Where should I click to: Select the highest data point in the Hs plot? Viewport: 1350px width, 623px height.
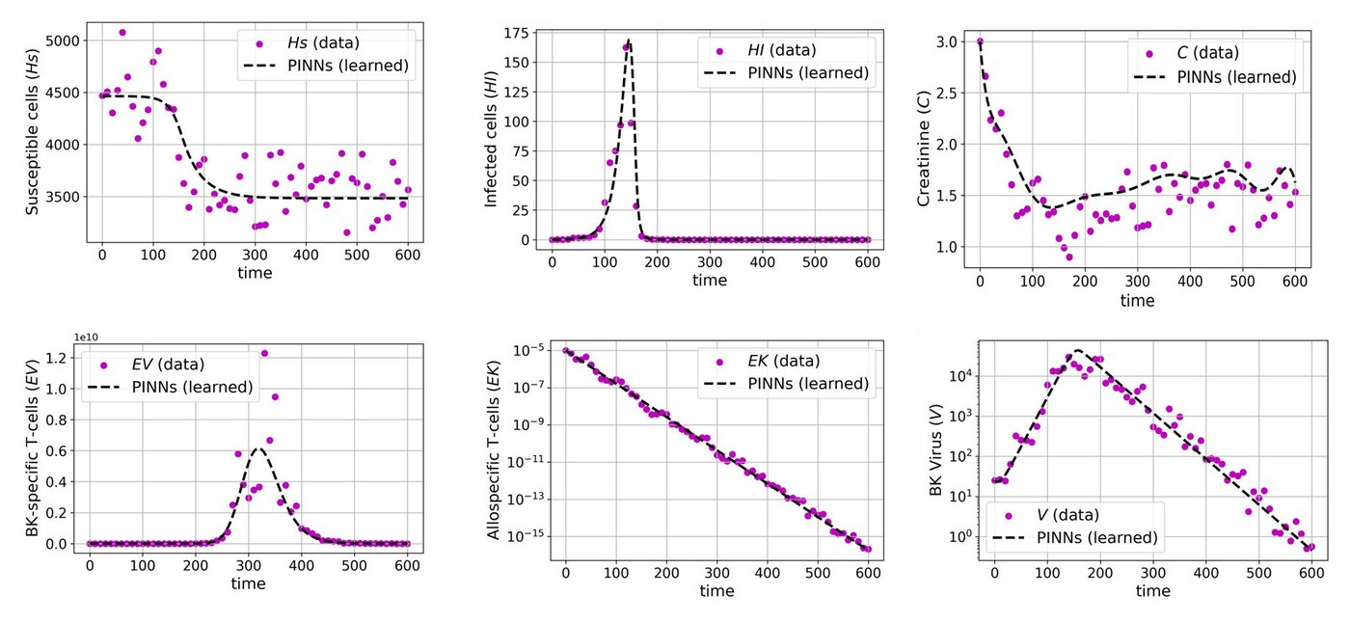tap(122, 32)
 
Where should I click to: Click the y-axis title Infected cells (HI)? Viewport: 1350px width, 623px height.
tap(491, 134)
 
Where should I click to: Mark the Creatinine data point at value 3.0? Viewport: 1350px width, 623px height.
tap(980, 41)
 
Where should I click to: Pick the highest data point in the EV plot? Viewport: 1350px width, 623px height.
tap(265, 353)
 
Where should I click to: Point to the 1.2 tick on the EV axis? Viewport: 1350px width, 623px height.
tap(63, 358)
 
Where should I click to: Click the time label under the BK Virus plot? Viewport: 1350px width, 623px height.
tap(1152, 590)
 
